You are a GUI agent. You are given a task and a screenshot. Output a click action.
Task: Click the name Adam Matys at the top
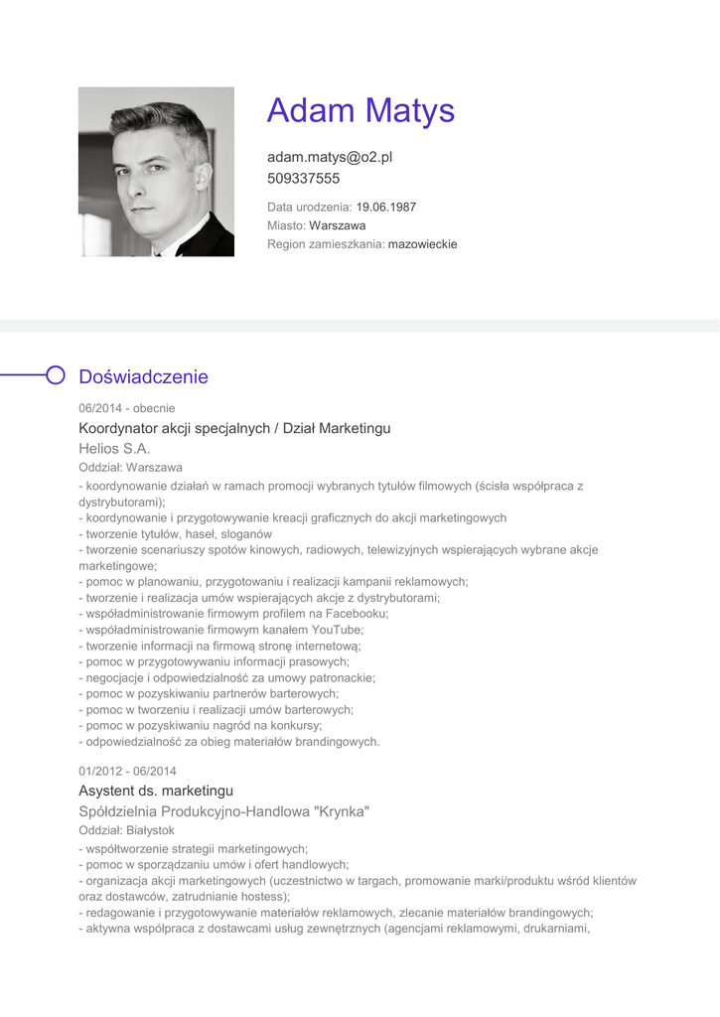pyautogui.click(x=360, y=111)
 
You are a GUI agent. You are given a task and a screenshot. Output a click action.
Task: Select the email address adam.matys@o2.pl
pyautogui.click(x=330, y=158)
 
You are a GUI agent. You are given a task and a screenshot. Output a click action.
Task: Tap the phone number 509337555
pyautogui.click(x=303, y=179)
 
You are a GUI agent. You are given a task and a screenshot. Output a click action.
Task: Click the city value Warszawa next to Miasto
pyautogui.click(x=337, y=225)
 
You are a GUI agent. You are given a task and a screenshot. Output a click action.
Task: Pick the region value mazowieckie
pyautogui.click(x=422, y=244)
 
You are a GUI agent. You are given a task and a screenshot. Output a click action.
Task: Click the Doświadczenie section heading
pyautogui.click(x=143, y=376)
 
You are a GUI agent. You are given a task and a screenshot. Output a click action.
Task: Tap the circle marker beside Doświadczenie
pyautogui.click(x=56, y=375)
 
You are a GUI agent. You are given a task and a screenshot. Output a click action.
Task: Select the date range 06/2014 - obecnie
pyautogui.click(x=126, y=407)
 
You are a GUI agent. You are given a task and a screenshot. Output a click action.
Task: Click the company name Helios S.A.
pyautogui.click(x=113, y=449)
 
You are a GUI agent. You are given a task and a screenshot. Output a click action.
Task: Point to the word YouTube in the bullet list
pyautogui.click(x=338, y=630)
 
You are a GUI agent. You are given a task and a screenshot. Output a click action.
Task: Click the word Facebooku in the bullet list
pyautogui.click(x=357, y=614)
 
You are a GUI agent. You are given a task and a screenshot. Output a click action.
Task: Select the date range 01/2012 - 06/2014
pyautogui.click(x=127, y=770)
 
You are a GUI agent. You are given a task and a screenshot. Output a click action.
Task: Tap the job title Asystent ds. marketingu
pyautogui.click(x=155, y=791)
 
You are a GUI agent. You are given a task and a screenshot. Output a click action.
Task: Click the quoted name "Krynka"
pyautogui.click(x=342, y=811)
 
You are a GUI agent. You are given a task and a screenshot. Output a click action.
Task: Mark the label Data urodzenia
pyautogui.click(x=309, y=208)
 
